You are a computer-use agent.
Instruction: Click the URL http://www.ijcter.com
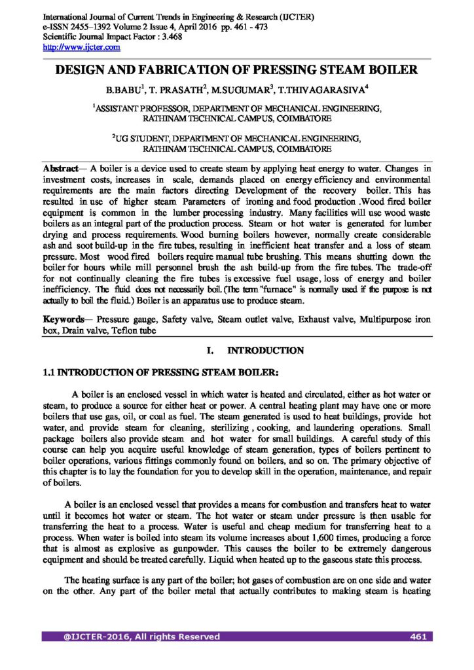coord(81,48)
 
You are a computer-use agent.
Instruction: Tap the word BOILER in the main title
coord(390,69)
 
